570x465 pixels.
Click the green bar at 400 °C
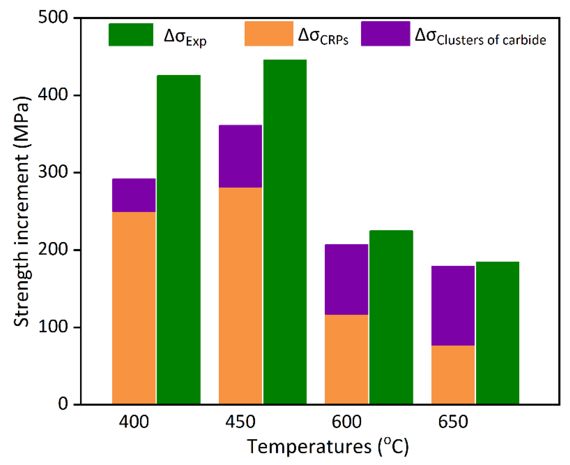click(179, 239)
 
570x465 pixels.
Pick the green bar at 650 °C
click(498, 333)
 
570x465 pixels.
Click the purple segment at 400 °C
click(134, 195)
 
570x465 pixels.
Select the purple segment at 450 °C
click(240, 156)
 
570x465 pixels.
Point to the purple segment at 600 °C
click(346, 279)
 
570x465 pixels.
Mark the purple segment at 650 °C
click(453, 306)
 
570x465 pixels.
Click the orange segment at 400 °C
click(134, 308)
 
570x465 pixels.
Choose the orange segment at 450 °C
click(240, 295)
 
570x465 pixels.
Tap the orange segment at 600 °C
click(346, 359)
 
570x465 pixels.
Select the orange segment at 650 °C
click(453, 375)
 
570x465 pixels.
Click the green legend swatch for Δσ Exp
click(131, 34)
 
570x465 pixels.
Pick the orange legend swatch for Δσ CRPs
click(269, 34)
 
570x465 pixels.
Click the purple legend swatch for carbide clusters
click(385, 34)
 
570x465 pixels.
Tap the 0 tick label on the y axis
click(63, 404)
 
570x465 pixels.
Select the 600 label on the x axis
click(346, 422)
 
